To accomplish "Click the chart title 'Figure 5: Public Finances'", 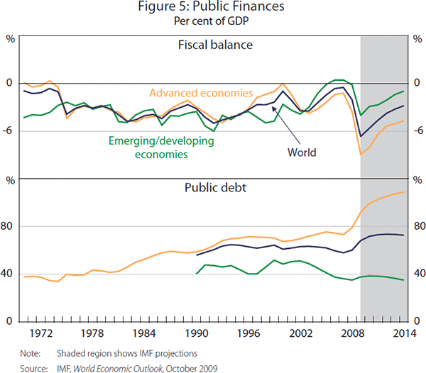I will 213,8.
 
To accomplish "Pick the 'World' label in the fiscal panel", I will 302,152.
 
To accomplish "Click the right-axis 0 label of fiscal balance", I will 417,82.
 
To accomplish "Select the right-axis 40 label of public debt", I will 417,274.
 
